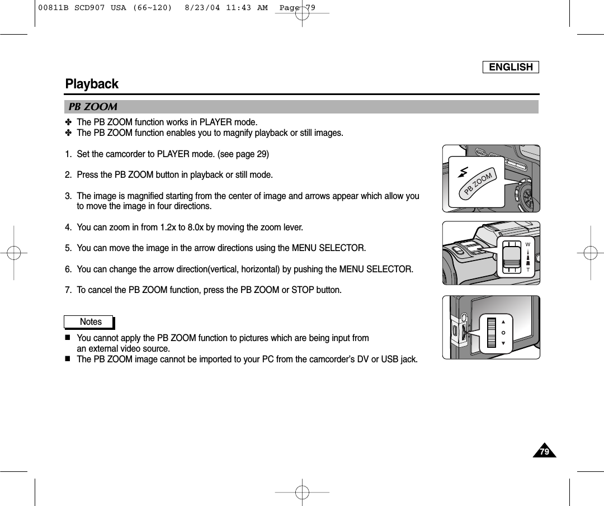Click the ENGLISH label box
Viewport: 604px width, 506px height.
(x=511, y=67)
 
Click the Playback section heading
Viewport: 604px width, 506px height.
(x=92, y=84)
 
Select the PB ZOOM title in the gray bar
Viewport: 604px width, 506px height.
(x=92, y=107)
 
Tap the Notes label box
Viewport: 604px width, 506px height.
(x=90, y=322)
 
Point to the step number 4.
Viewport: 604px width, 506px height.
(x=68, y=228)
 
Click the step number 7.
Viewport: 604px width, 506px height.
(x=68, y=290)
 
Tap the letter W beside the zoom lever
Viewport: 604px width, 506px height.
(x=527, y=245)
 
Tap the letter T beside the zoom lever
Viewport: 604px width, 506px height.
(x=527, y=269)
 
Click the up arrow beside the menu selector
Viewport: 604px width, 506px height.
(x=503, y=322)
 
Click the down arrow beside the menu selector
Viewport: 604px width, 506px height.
(x=503, y=343)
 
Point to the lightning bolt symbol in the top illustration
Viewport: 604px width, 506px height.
(x=463, y=172)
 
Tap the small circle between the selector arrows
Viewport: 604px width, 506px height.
(x=503, y=333)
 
